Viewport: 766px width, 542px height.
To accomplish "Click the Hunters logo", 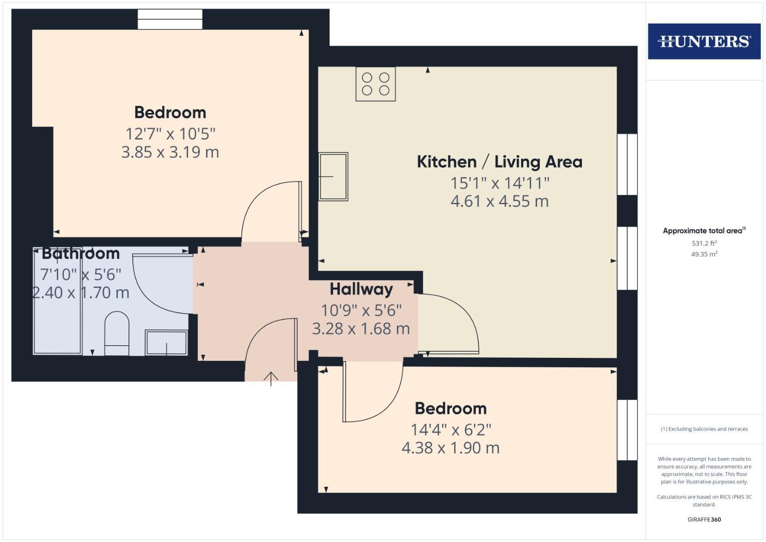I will point(704,41).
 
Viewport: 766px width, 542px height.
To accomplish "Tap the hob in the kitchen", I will point(376,84).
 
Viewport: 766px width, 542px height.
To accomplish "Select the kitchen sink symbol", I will point(333,177).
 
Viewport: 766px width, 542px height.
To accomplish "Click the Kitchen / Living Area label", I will point(499,162).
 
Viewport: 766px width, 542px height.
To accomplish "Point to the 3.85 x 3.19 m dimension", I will point(170,152).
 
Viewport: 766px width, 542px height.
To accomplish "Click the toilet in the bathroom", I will point(116,333).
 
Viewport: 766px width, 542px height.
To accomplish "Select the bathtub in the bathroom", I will point(57,301).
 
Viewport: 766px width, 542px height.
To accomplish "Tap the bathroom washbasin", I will point(166,342).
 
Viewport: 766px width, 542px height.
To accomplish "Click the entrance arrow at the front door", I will point(271,378).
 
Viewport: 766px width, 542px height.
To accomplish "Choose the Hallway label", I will point(361,289).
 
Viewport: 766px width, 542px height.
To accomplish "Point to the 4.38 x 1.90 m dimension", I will point(450,448).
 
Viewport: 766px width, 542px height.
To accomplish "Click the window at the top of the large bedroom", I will point(170,20).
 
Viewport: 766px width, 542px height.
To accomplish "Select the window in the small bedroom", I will point(627,430).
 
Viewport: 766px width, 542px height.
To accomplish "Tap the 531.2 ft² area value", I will point(704,243).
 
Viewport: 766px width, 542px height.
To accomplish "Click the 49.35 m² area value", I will point(704,254).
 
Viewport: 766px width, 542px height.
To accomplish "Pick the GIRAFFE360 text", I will point(704,519).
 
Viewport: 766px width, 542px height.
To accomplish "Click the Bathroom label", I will point(81,253).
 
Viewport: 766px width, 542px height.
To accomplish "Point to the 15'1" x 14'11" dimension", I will point(500,183).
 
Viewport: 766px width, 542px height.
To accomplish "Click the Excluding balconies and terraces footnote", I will point(704,429).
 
